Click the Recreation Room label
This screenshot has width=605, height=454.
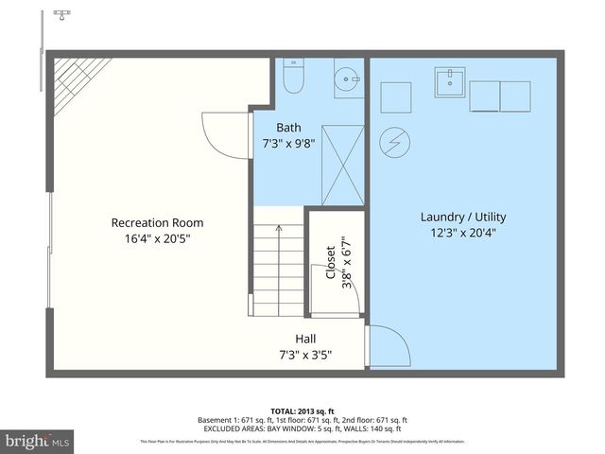point(157,223)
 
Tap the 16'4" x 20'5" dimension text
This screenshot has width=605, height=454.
point(157,240)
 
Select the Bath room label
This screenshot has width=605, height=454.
point(289,128)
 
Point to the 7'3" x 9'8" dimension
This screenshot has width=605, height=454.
point(289,145)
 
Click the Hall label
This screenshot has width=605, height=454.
point(305,339)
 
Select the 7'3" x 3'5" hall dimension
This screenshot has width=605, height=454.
point(305,356)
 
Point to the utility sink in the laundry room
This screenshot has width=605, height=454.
point(450,83)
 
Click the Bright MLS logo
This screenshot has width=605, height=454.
point(37,441)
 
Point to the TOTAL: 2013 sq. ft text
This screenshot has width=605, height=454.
point(302,410)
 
